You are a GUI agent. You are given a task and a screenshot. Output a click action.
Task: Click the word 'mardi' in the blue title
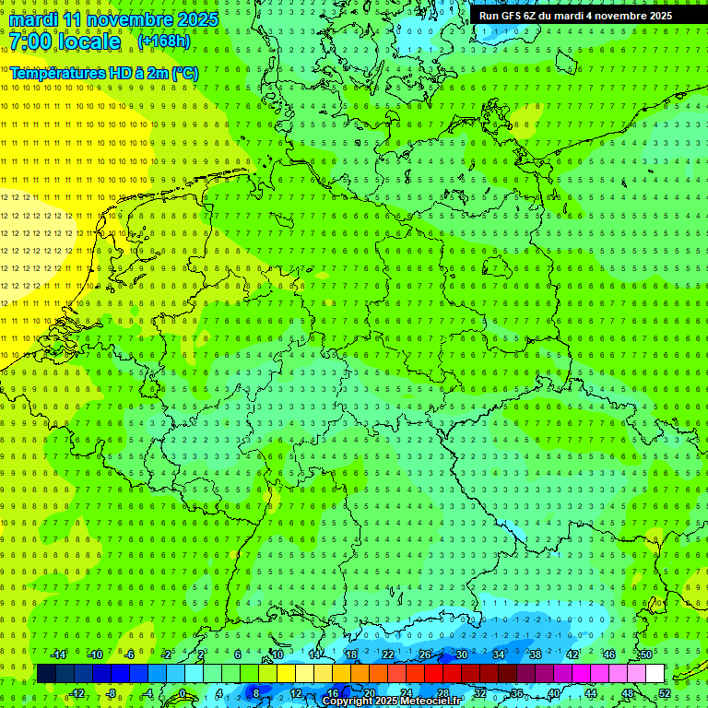pos(34,19)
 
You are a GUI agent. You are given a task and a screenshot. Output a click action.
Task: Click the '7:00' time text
pos(32,41)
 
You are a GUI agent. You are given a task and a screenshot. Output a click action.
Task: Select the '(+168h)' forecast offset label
pos(164,41)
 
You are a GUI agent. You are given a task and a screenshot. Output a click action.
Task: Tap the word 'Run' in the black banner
pos(489,16)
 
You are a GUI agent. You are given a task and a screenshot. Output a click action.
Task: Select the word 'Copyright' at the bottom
pos(348,702)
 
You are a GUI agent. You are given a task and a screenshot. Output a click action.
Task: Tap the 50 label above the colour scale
pos(646,655)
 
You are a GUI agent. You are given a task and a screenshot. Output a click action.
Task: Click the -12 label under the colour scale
pos(77,693)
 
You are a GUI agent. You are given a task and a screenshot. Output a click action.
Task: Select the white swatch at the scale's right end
pos(655,674)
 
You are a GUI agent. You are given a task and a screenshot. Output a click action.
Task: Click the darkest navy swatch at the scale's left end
pos(46,674)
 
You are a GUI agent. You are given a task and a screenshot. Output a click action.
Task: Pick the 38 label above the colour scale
pos(536,655)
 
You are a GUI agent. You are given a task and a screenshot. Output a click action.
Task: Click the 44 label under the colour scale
pos(591,693)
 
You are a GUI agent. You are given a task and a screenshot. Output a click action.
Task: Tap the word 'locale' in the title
pos(88,41)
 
